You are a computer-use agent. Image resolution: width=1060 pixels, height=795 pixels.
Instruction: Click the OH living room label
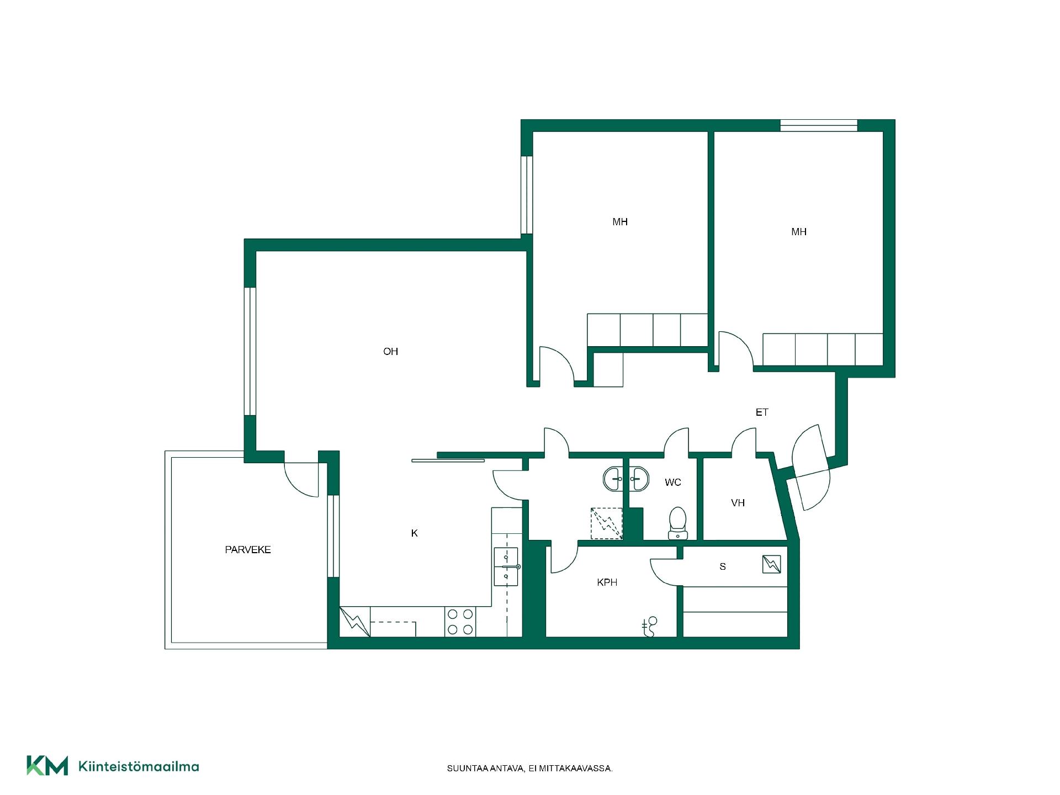coord(390,352)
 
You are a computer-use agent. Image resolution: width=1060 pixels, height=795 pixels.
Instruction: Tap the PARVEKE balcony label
coord(248,550)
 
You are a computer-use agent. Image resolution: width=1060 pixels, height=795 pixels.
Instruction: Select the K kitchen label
coord(415,533)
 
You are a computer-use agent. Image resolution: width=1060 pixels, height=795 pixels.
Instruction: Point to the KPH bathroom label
coord(607,582)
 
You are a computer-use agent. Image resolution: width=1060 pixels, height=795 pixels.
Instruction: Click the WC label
coord(673,483)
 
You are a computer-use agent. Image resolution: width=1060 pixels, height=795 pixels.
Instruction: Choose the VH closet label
coord(738,503)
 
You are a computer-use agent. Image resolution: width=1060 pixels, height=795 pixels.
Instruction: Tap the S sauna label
coord(723,566)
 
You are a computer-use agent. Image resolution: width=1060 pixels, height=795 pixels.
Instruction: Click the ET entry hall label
coord(762,412)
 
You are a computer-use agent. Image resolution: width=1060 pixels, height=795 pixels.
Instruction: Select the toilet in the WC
coord(677,523)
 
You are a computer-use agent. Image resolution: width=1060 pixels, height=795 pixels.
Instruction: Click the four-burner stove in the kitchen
coord(460,622)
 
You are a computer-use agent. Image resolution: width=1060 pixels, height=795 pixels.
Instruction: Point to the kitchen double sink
coord(506,566)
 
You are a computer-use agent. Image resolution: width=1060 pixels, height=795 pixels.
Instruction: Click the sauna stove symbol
coord(772,564)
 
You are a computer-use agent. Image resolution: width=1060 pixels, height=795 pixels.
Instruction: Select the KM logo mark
coord(47,766)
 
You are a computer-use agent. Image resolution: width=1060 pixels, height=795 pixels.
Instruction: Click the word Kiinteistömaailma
coord(139,766)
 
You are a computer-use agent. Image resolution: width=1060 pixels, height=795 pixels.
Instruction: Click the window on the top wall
coord(819,125)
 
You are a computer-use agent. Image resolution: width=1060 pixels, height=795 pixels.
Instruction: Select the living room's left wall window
coord(250,351)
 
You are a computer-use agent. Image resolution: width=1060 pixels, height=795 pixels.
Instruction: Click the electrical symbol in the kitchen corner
coord(354,622)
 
